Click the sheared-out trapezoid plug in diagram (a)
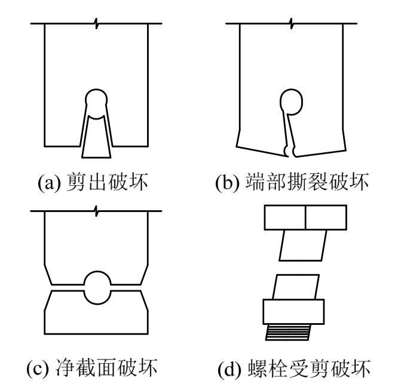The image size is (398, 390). pos(96,136)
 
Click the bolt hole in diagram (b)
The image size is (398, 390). pos(290,101)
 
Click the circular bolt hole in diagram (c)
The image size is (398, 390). pos(96,286)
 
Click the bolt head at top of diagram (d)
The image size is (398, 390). pos(305,216)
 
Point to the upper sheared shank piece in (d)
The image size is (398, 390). pos(304,244)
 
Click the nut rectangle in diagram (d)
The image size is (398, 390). pos(294,311)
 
